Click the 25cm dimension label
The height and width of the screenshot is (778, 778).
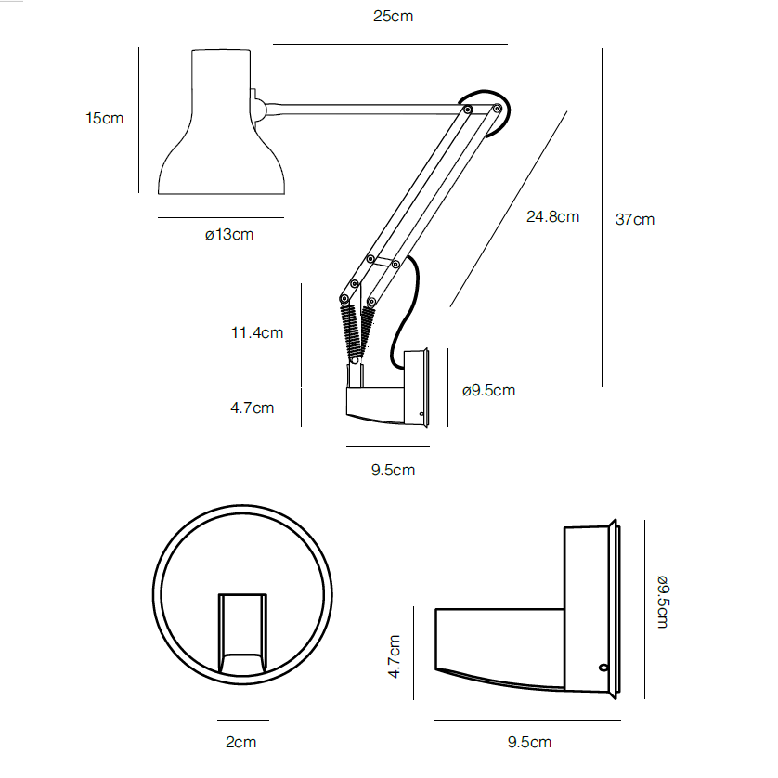tap(393, 17)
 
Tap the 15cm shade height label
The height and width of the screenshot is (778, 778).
tap(104, 119)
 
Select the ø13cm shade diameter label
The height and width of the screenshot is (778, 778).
tap(229, 234)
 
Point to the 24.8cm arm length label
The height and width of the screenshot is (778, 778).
tap(552, 217)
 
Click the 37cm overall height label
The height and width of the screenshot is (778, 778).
tap(635, 219)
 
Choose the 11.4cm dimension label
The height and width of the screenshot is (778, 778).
tap(257, 332)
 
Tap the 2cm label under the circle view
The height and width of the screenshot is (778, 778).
tap(241, 743)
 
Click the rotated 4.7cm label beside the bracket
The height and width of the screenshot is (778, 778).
tap(395, 656)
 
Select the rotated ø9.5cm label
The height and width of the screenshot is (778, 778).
tap(663, 602)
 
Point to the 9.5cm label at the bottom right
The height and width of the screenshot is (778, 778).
tap(529, 743)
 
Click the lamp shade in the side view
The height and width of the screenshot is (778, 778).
tap(221, 122)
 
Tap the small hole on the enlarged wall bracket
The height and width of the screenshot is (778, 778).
tap(603, 668)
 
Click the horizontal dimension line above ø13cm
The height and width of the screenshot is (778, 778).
tap(221, 217)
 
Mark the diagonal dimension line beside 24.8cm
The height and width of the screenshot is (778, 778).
tap(509, 209)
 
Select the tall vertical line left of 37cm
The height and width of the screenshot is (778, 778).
tap(602, 217)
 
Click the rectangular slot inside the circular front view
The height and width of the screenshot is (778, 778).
tap(242, 633)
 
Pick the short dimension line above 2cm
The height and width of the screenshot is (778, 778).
tap(243, 720)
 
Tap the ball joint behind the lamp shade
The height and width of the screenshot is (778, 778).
tap(258, 110)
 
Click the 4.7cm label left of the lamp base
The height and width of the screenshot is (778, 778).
tap(252, 408)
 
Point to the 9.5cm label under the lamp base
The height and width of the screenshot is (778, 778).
tap(393, 470)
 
